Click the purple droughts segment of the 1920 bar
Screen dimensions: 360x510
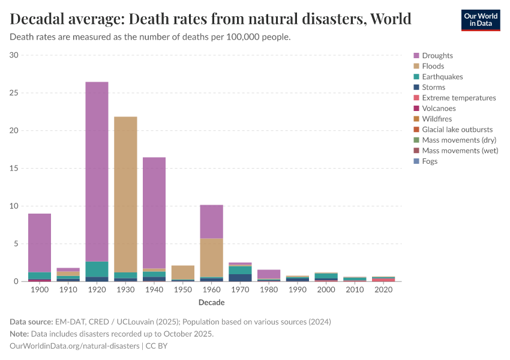[x=97, y=171]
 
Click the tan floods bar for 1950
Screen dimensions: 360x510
[x=182, y=272]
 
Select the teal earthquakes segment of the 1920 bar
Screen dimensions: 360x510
[x=97, y=269]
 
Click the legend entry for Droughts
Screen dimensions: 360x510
[x=437, y=56]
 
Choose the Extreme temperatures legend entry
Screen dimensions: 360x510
[x=458, y=98]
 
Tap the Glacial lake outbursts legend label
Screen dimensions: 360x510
[x=457, y=130]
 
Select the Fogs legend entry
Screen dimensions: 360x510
[x=430, y=161]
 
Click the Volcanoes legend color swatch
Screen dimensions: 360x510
[x=416, y=109]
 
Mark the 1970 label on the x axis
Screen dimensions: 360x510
[x=240, y=290]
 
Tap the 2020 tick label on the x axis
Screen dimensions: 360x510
[x=383, y=290]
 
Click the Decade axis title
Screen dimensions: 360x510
[x=211, y=302]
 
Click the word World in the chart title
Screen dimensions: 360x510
[x=391, y=19]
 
